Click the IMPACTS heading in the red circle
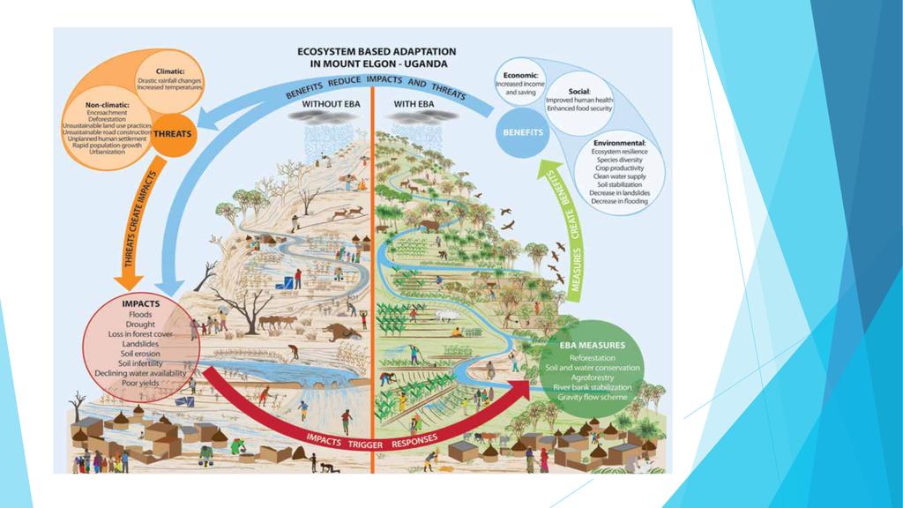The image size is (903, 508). click(x=139, y=303)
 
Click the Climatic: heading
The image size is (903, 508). click(x=169, y=71)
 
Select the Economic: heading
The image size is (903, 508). click(x=521, y=76)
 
